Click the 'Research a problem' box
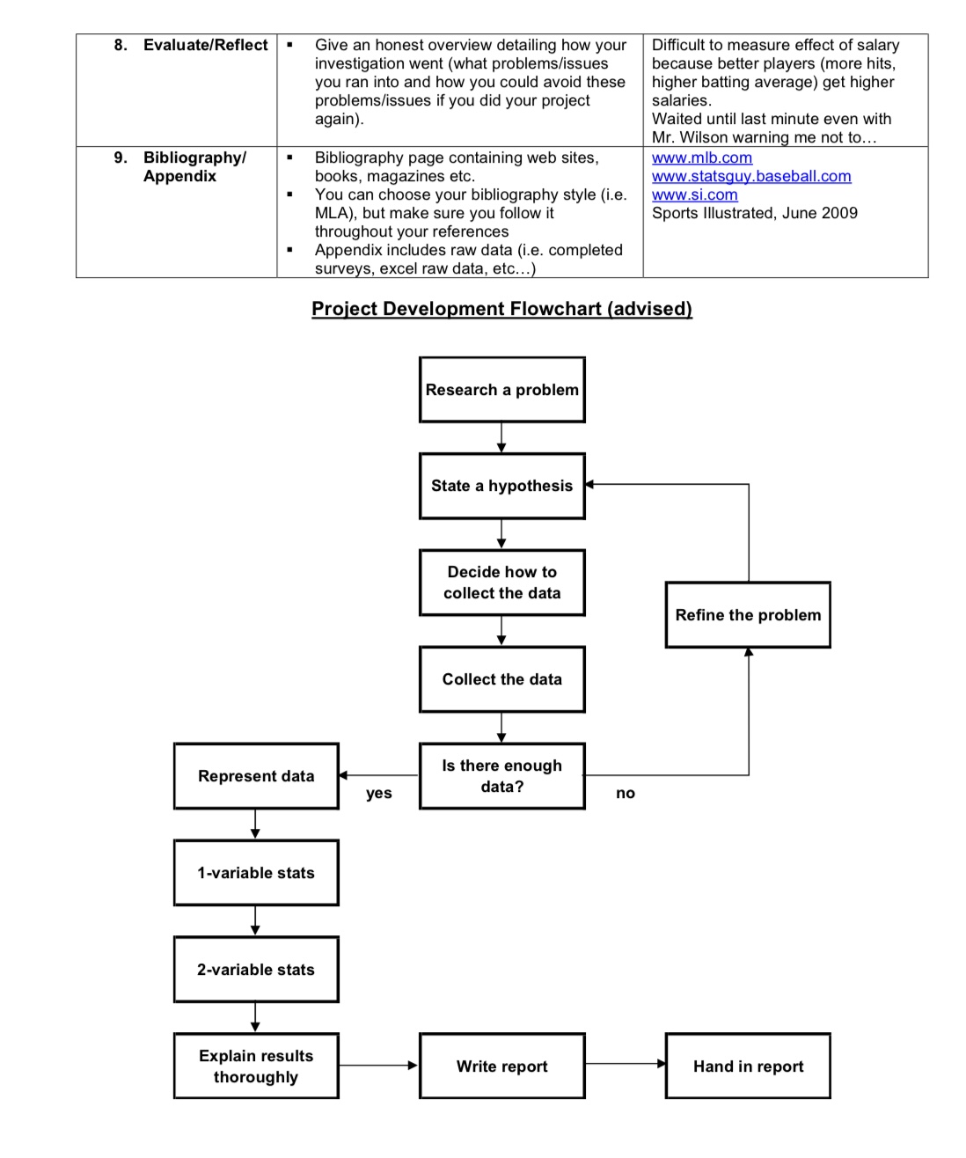[501, 390]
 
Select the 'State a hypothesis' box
[501, 486]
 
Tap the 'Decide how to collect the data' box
[501, 583]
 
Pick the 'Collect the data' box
[501, 679]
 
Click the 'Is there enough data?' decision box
[501, 776]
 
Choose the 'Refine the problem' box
[748, 615]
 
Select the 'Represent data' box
[256, 776]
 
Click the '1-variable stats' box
[256, 873]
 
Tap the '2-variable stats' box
[256, 970]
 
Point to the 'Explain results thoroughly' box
[256, 1066]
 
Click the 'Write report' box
[501, 1066]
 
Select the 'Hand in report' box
[748, 1066]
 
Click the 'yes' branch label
[379, 794]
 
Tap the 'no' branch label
[626, 794]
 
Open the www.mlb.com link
[702, 158]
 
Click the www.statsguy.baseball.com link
[751, 176]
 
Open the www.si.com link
[695, 194]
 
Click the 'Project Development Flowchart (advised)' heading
[501, 309]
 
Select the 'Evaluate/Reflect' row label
[205, 45]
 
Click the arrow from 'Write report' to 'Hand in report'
[626, 1064]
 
